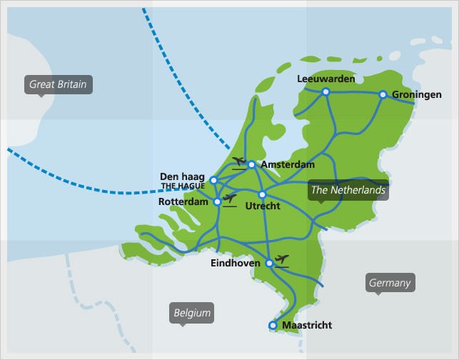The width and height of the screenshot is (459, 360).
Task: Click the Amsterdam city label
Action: click(x=288, y=165)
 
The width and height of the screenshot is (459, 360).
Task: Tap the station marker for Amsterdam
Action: click(x=251, y=164)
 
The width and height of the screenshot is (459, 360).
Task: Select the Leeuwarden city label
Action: click(x=326, y=79)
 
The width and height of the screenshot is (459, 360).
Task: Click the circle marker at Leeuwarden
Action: click(x=326, y=91)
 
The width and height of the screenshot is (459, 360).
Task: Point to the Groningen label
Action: click(x=416, y=94)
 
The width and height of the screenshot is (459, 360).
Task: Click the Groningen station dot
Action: click(x=383, y=94)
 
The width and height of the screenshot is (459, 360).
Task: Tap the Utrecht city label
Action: click(x=262, y=206)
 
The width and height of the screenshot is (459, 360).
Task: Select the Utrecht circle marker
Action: click(x=262, y=194)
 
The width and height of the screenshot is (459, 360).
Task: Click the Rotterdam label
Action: click(x=187, y=202)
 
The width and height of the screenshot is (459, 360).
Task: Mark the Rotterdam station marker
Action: click(x=218, y=202)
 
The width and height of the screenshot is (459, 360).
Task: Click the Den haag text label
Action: click(x=183, y=176)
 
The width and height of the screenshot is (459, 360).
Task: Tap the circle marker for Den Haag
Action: click(x=213, y=180)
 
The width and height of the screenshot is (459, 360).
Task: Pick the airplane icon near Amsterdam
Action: click(x=239, y=161)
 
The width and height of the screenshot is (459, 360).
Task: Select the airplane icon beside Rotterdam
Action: click(x=229, y=198)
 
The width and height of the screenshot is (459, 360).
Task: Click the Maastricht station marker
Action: click(x=273, y=326)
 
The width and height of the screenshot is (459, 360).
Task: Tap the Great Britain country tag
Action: click(x=58, y=84)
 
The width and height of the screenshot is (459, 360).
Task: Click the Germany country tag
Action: click(x=390, y=283)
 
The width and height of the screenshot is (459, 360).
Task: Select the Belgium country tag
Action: click(x=193, y=313)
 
